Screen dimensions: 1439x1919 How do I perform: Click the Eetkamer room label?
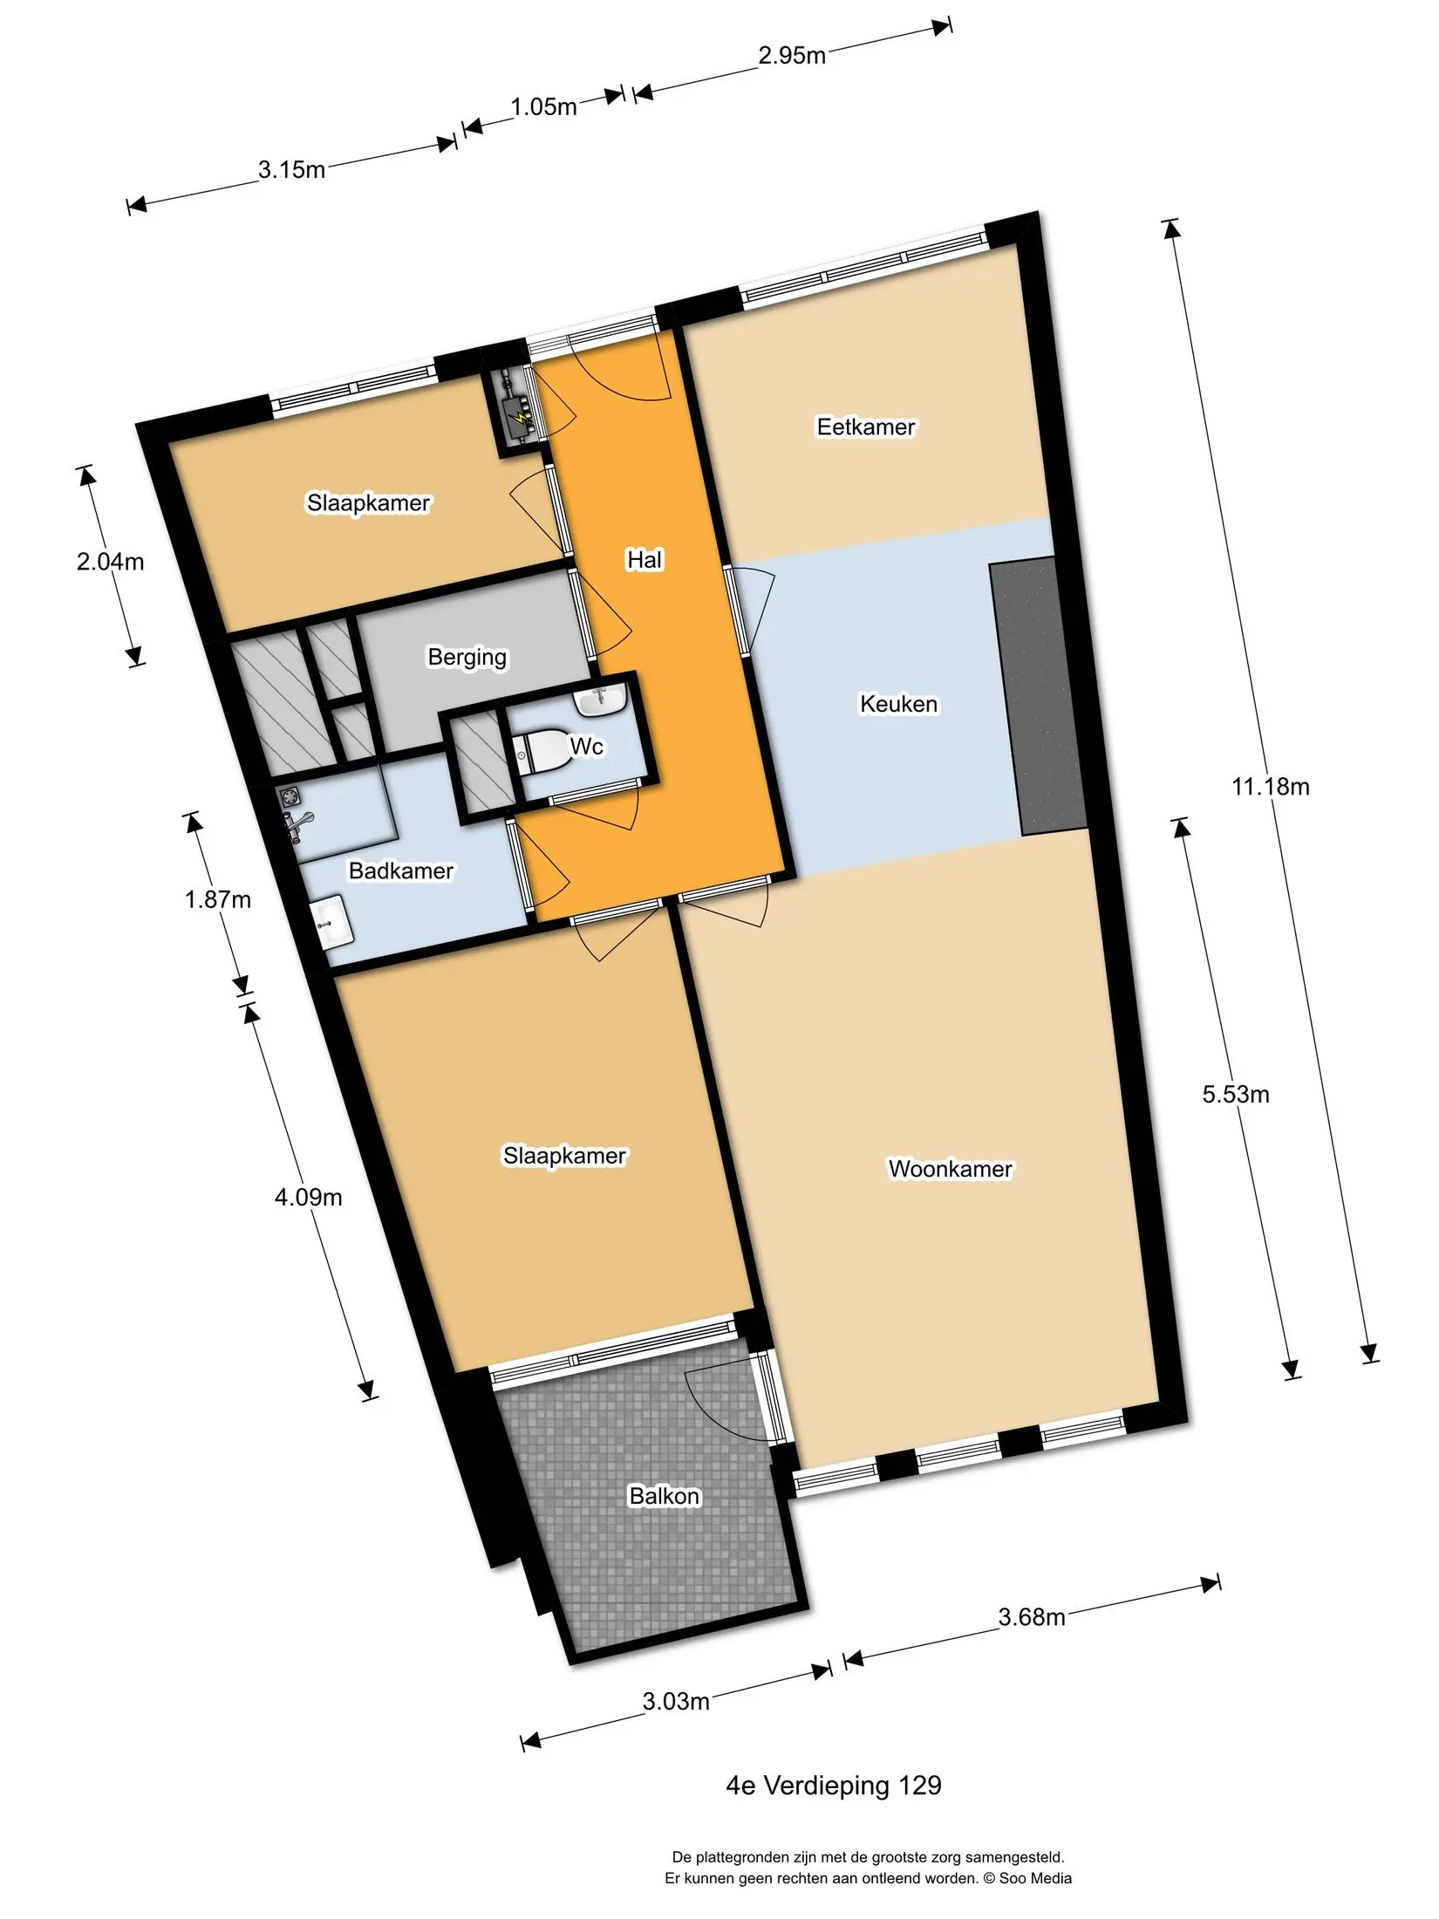(866, 427)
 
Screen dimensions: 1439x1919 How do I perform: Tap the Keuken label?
(898, 704)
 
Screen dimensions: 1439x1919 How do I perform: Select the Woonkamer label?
(950, 1169)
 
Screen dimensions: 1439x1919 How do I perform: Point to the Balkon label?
(665, 1496)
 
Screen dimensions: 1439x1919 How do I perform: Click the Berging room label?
(467, 657)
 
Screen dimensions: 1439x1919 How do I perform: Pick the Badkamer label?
(401, 871)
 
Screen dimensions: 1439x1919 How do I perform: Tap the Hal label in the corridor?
(644, 560)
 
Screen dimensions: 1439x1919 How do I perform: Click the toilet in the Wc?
(540, 750)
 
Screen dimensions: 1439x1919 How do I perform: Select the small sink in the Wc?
(601, 700)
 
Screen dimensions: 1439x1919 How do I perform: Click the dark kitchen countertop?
(1038, 696)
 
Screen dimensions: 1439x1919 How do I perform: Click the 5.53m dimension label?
(1236, 1095)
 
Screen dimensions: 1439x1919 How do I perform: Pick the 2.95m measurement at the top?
(791, 56)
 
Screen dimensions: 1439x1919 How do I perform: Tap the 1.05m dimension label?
(543, 107)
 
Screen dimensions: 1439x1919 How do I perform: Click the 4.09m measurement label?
(308, 1198)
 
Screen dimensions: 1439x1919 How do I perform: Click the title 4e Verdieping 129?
(834, 1786)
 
